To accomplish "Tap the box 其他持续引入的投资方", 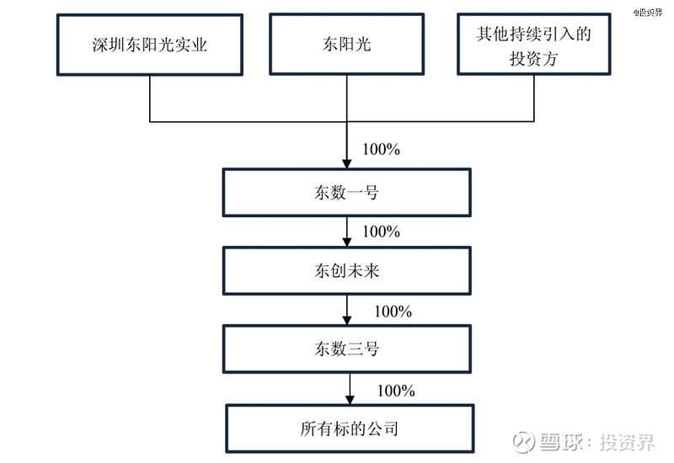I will click(x=534, y=45).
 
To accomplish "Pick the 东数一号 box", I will click(x=346, y=193).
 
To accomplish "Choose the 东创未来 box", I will click(x=346, y=270).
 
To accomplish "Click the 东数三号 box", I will click(x=346, y=349).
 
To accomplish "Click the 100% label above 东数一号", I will click(x=381, y=150).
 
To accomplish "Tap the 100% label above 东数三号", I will click(x=393, y=311).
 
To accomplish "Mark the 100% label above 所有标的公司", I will click(x=396, y=391).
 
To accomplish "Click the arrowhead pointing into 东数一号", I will click(x=347, y=163).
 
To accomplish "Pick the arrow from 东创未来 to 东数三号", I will click(x=347, y=311).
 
